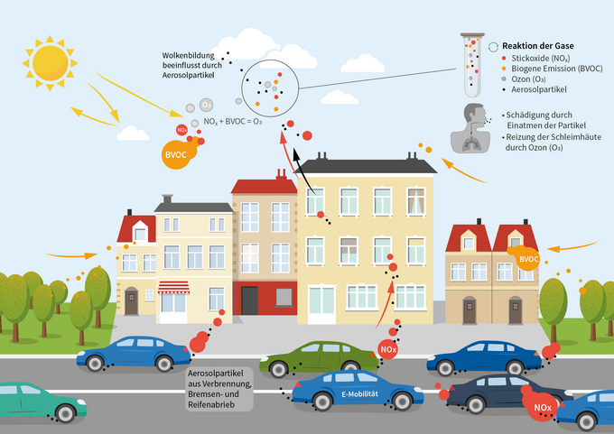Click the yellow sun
tap(51, 58)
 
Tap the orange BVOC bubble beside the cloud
tap(176, 153)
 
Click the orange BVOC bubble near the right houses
tap(528, 259)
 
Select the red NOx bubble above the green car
tap(386, 349)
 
